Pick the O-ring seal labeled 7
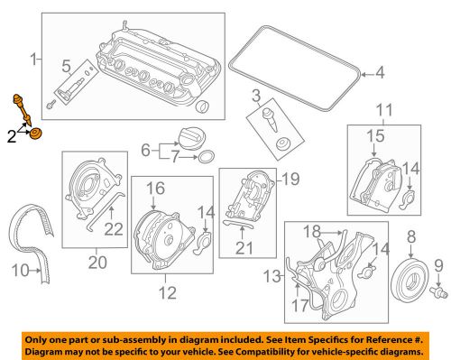click(206, 159)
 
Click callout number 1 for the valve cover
click(34, 60)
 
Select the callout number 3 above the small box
click(256, 96)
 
